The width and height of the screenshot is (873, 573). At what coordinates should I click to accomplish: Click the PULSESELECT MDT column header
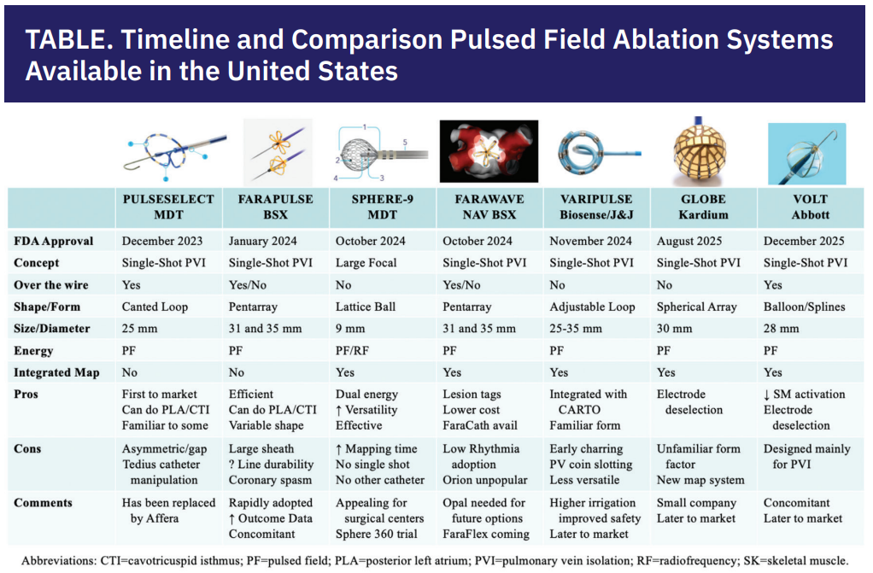coord(168,208)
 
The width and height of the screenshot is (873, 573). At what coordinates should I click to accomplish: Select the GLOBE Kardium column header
coord(703,208)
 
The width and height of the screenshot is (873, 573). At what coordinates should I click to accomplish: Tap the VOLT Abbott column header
coord(810,208)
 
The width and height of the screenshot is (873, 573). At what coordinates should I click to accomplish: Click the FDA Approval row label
coord(54,241)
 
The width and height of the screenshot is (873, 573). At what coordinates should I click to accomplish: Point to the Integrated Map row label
coord(56,372)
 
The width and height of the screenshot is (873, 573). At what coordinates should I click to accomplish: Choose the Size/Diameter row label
coord(52,329)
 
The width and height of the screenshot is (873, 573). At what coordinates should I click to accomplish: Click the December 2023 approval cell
coord(162,241)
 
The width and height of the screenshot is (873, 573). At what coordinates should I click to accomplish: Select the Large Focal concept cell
coord(366,263)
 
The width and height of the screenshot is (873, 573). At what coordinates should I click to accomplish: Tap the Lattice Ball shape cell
coord(366,307)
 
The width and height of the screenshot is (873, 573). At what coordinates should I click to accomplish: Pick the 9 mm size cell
coord(350,329)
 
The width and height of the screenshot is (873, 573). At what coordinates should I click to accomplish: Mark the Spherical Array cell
coord(696,307)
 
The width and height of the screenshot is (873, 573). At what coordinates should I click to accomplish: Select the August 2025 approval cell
coord(689,241)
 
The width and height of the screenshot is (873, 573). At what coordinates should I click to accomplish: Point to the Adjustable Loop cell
coord(592,307)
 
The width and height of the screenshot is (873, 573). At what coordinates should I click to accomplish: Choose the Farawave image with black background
coord(489,151)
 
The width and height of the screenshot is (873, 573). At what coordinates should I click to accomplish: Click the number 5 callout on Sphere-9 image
coord(405,143)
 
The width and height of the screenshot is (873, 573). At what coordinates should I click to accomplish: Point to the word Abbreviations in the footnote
coord(58,561)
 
